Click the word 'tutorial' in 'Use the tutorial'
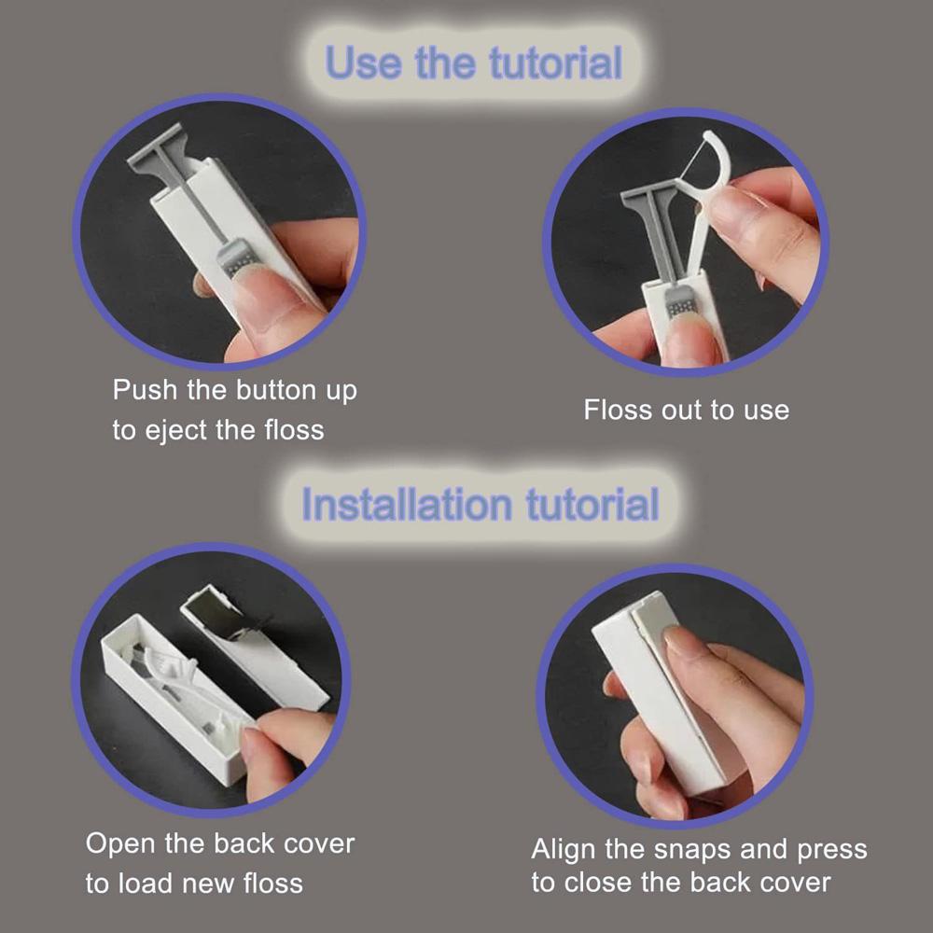pos(556,63)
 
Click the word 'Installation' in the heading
pos(407,505)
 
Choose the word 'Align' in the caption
pos(563,850)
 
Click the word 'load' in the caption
pos(146,883)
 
